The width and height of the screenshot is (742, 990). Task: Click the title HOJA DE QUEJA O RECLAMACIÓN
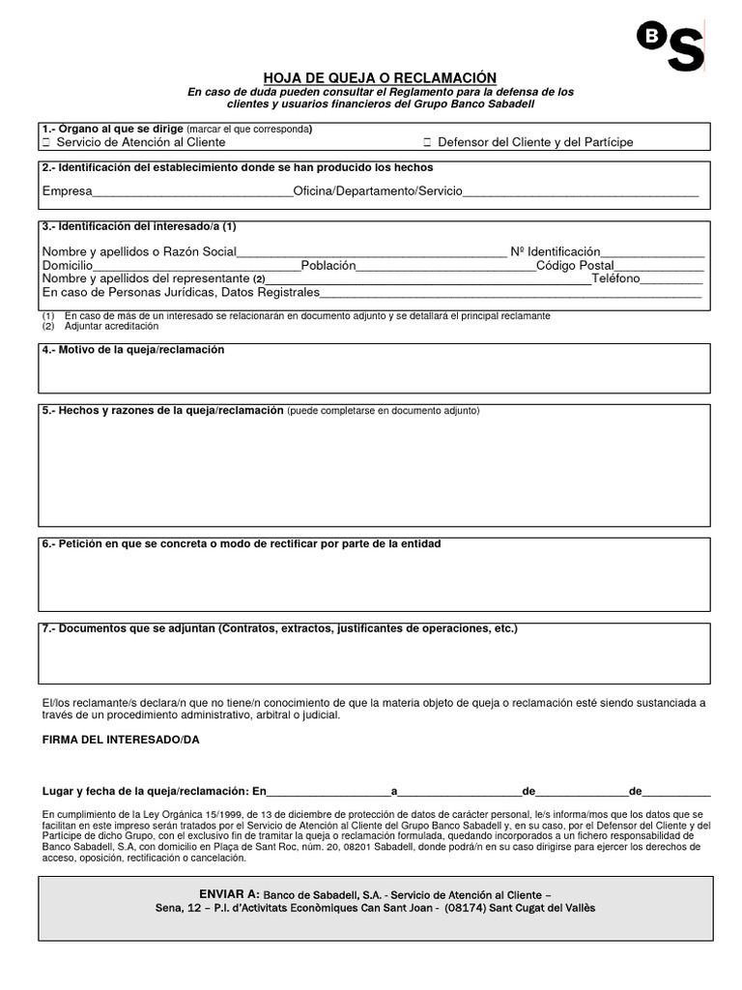click(x=381, y=77)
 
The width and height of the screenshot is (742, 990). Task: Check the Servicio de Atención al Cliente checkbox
click(x=46, y=142)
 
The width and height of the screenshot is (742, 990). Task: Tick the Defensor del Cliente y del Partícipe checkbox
click(x=427, y=142)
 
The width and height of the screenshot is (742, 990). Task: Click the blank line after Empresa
click(x=192, y=192)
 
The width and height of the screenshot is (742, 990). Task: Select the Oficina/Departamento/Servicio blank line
click(x=581, y=192)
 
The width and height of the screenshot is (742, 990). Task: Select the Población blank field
click(x=445, y=266)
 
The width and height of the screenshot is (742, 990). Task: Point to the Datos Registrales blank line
click(x=509, y=293)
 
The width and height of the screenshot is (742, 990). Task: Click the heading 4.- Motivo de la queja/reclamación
click(x=133, y=349)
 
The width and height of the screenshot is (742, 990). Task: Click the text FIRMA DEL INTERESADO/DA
click(x=122, y=740)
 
